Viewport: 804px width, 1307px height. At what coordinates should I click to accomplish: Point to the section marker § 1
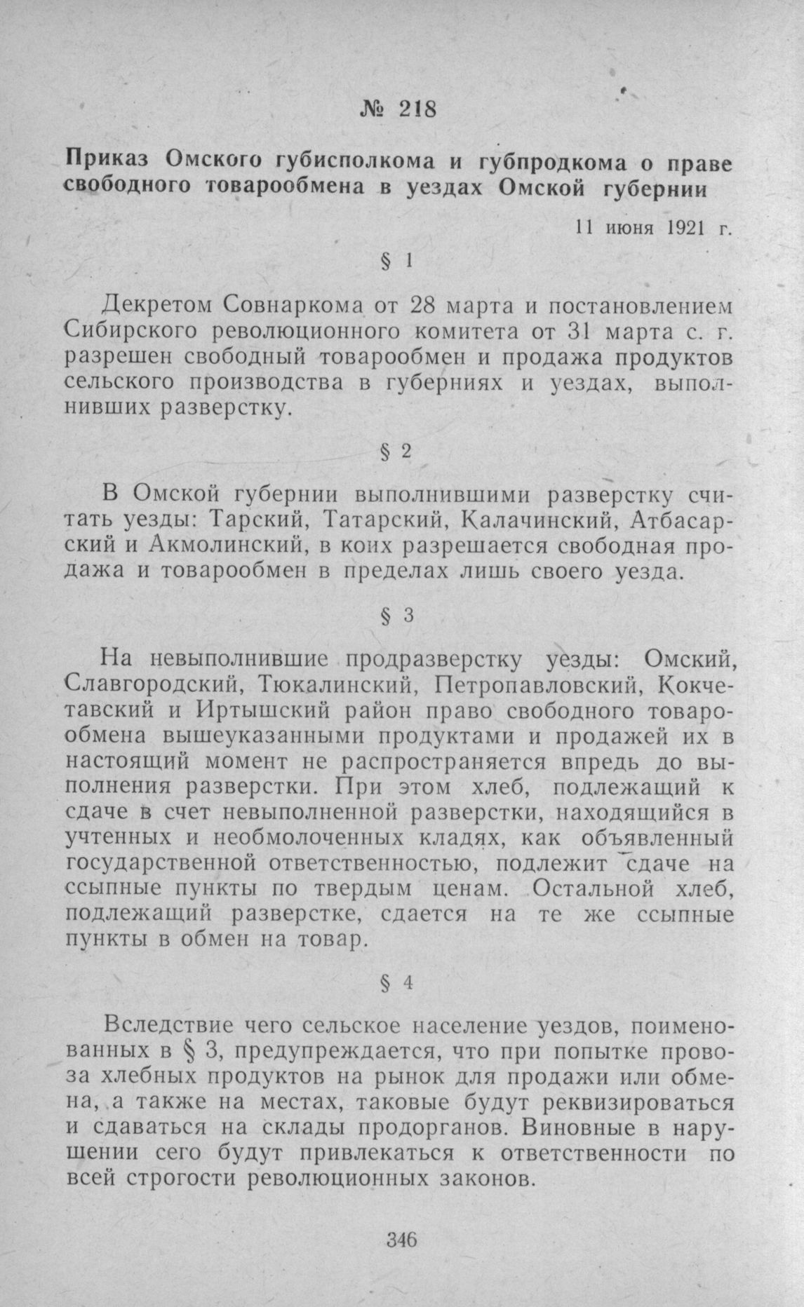pos(397,262)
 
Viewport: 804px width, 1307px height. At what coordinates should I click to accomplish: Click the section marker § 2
pos(397,453)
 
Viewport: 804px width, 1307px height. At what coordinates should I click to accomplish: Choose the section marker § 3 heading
pos(397,616)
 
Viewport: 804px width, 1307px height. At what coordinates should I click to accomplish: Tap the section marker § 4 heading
pos(397,983)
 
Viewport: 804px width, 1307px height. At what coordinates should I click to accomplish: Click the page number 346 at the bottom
pos(402,1239)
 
